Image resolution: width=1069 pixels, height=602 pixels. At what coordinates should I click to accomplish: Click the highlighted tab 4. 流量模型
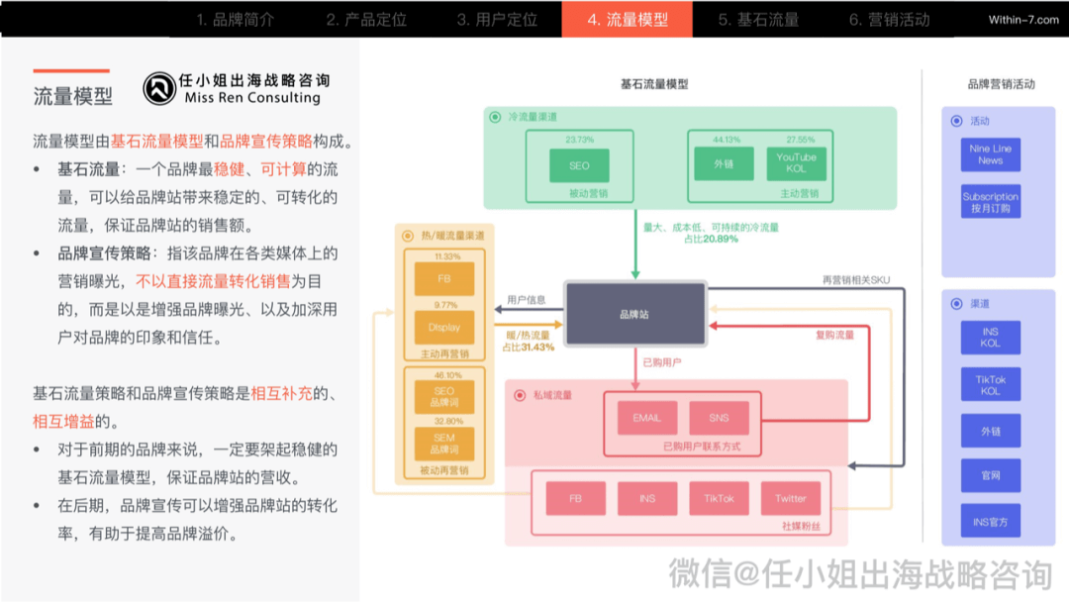[x=627, y=19]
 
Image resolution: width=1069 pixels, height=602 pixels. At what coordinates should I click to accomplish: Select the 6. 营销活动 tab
[x=889, y=19]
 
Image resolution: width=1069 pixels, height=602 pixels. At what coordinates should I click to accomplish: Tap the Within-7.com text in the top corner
[x=1023, y=20]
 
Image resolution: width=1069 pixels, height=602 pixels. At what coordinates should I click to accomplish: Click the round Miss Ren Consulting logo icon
[x=158, y=89]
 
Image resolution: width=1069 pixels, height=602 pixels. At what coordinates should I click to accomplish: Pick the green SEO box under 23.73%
[x=579, y=165]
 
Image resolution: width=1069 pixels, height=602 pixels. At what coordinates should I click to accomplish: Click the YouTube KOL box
[x=796, y=162]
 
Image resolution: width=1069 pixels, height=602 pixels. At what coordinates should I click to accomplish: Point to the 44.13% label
[x=726, y=140]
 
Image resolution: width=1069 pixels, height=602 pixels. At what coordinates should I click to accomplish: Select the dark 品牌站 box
[x=634, y=314]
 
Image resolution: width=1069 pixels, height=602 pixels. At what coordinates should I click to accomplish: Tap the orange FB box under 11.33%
[x=444, y=279]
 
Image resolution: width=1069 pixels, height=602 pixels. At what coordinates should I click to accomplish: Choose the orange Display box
[x=444, y=328]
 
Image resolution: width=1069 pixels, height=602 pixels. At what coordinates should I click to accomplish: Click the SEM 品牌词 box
[x=444, y=443]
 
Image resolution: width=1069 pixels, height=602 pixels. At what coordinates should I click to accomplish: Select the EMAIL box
[x=646, y=418]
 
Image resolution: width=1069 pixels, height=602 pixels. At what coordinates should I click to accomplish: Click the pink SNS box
[x=720, y=418]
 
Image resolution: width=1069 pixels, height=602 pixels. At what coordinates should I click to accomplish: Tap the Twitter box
[x=791, y=498]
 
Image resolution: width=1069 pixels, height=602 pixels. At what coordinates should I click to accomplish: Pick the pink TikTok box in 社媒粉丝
[x=719, y=498]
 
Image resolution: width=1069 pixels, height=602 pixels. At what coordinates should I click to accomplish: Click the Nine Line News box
[x=990, y=154]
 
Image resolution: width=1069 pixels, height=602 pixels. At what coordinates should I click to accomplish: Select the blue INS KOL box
[x=990, y=338]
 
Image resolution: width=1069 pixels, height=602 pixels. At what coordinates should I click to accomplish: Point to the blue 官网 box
[x=990, y=475]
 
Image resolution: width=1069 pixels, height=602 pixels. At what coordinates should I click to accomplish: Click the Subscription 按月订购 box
[x=990, y=202]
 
